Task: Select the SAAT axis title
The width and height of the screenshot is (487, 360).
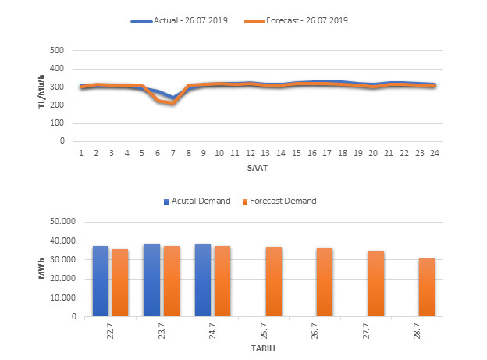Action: coord(257,166)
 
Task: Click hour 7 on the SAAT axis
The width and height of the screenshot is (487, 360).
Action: coord(173,152)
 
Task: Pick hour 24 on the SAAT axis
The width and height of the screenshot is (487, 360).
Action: coord(434,152)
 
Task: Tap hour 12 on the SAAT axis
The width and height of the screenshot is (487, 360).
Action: coord(250,152)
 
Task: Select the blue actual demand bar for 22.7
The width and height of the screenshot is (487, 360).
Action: coord(101,281)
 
